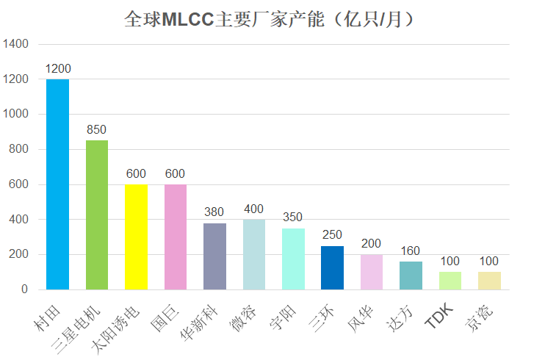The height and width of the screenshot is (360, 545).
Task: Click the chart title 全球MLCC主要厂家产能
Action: point(271,18)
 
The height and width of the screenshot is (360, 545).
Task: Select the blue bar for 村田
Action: point(57,184)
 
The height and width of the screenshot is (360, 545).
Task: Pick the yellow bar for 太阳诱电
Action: point(136,237)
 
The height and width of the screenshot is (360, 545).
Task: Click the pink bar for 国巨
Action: point(176,237)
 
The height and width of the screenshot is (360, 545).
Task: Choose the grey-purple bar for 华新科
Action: point(214,256)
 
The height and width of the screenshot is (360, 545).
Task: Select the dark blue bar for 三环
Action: point(332,267)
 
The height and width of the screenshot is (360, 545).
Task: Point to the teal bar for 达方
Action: point(411,276)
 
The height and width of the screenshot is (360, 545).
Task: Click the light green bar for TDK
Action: point(450,281)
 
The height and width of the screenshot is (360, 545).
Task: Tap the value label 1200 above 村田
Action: point(57,68)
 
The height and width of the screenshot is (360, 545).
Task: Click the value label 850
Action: point(97,130)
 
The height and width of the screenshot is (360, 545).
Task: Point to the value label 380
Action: point(214,212)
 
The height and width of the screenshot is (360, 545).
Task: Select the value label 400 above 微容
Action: point(253,209)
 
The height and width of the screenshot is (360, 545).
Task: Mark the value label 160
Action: point(411,251)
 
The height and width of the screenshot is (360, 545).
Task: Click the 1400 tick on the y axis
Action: point(15,44)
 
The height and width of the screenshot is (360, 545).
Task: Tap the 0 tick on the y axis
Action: point(24,289)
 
